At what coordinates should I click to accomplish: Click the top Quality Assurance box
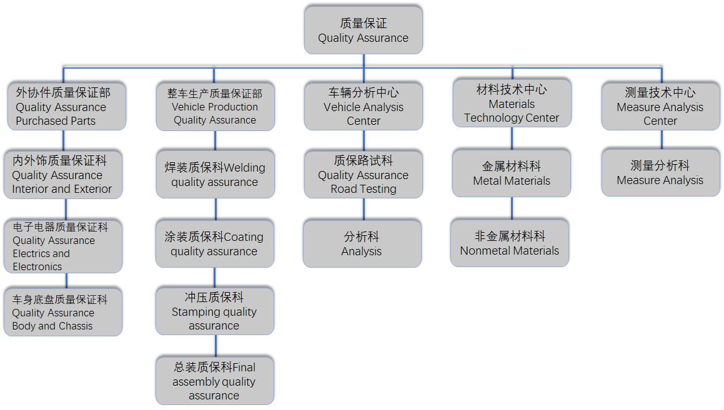363,30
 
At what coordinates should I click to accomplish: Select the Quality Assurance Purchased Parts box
67,106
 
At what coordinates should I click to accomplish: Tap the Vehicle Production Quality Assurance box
215,106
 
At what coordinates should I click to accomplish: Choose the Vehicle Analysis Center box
363,106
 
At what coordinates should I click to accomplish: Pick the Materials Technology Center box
512,104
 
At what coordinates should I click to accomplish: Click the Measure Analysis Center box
660,106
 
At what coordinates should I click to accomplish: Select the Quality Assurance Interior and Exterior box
62,175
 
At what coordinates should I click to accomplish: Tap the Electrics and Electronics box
62,246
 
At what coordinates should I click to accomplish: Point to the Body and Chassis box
62,312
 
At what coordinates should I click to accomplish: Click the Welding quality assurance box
215,175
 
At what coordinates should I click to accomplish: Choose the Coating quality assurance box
214,244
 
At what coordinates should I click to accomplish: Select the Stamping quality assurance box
214,311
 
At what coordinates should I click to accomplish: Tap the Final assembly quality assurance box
214,381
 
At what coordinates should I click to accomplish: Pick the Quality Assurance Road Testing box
363,175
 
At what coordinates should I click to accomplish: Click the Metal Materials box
512,173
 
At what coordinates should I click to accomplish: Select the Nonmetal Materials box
510,243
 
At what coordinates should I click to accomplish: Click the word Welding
244,168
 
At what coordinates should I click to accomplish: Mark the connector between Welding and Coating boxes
216,209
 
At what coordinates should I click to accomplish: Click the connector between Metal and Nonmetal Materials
512,208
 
